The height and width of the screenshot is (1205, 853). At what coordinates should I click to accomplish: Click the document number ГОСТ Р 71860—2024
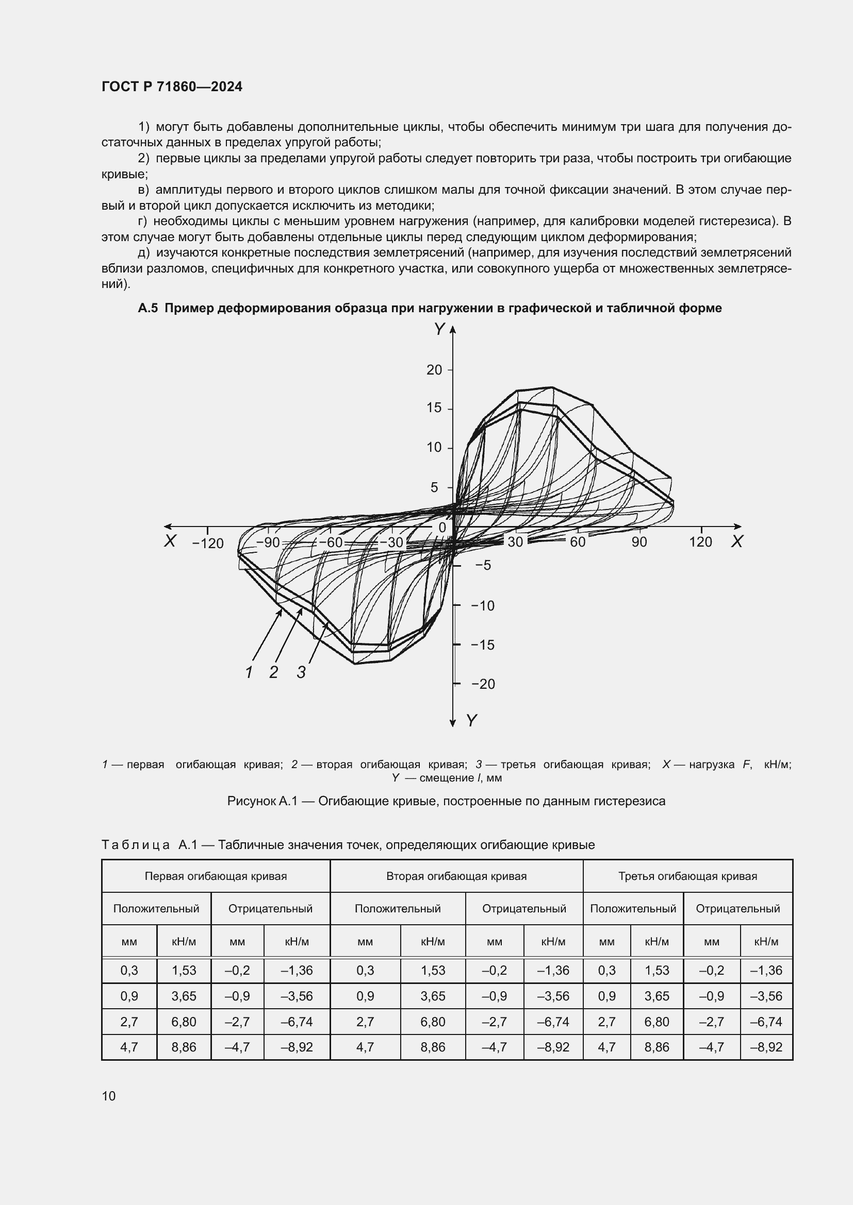point(172,87)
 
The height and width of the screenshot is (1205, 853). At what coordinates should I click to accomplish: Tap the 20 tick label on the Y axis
point(434,370)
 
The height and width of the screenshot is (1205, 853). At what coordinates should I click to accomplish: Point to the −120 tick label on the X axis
point(208,543)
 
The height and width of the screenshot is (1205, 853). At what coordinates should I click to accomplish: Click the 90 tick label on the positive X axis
point(638,542)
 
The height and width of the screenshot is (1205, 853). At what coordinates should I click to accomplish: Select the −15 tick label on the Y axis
point(483,645)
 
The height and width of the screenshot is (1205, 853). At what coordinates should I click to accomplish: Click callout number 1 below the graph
point(249,672)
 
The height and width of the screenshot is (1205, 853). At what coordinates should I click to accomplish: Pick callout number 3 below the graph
point(301,672)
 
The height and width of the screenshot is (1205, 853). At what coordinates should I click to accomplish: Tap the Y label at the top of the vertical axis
point(439,330)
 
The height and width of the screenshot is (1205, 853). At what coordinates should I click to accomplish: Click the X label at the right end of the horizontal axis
point(736,541)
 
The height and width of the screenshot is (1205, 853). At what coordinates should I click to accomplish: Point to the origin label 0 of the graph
point(442,528)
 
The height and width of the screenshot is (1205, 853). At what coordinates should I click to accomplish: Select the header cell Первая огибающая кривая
point(216,876)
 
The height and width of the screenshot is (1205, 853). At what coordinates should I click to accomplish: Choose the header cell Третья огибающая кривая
point(687,876)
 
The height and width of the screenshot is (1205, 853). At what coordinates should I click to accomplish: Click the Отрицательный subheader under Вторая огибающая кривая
point(523,908)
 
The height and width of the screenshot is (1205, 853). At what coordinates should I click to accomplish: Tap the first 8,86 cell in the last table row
point(183,1047)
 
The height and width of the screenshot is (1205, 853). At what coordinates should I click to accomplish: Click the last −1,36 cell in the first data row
point(766,971)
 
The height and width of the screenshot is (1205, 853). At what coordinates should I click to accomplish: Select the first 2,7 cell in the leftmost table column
point(129,1022)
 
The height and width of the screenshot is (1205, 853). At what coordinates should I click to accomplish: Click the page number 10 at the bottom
point(109,1096)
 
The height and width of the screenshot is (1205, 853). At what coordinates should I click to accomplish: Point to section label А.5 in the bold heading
point(147,308)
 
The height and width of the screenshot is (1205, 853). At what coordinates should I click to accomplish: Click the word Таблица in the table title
point(136,845)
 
